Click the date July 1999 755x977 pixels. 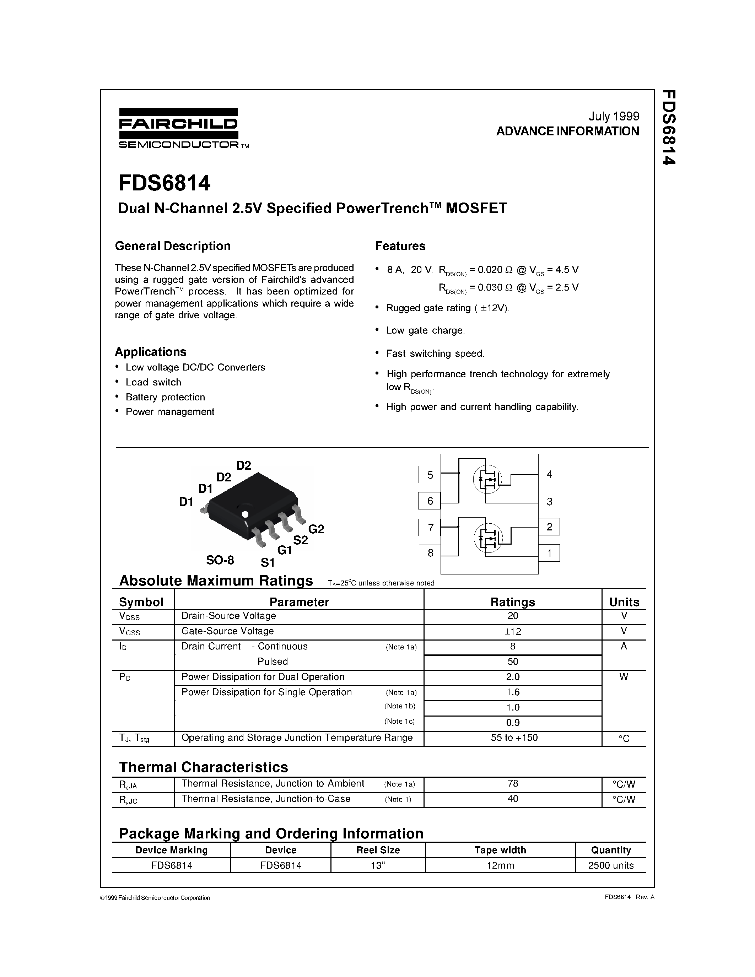pos(614,116)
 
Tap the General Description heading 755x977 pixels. pos(173,246)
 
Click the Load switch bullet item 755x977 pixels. pos(153,382)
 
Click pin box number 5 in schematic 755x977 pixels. pos(430,475)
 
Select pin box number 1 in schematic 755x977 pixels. pos(549,553)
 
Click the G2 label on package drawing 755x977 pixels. pos(316,529)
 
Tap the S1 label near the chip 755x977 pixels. pos(268,562)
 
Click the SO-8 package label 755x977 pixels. pos(220,560)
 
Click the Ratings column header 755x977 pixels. pos(513,602)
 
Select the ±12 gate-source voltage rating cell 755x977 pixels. pos(513,632)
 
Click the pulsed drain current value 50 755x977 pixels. pos(513,662)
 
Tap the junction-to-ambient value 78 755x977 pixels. pos(513,783)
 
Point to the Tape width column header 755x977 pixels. pos(500,850)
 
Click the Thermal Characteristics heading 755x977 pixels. pos(204,767)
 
